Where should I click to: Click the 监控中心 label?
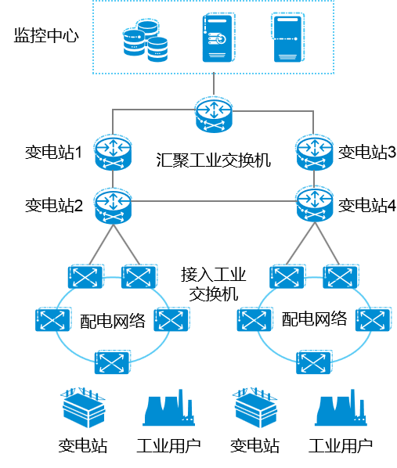46,35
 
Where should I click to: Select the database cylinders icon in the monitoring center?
146,40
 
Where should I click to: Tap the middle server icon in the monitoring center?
218,38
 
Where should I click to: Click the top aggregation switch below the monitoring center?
214,114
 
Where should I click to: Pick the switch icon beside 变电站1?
113,153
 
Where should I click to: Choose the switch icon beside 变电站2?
113,206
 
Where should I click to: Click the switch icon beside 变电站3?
314,153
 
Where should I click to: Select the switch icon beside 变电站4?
314,205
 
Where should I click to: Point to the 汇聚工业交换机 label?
214,160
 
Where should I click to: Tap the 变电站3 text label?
366,153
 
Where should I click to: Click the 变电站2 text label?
54,205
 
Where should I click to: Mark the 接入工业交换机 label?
214,284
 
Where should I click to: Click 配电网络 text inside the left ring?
113,321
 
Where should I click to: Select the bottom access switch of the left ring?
112,362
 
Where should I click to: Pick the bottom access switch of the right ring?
314,362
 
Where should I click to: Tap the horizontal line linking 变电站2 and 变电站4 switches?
214,201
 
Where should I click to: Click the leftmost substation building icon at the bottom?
83,408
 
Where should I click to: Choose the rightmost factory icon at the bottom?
341,408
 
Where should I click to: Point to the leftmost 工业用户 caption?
169,445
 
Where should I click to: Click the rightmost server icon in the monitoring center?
289,38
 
